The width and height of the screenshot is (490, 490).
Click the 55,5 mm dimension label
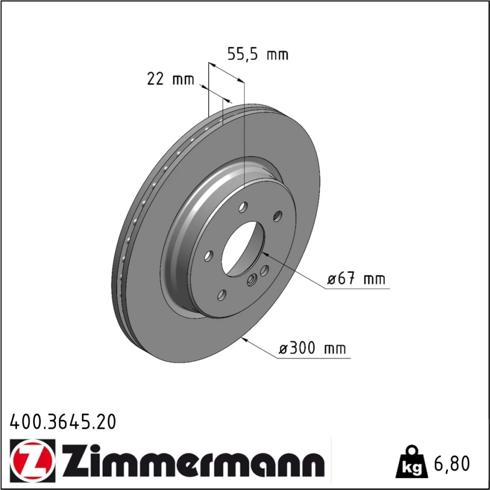click(x=258, y=54)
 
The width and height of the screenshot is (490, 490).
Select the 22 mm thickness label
click(x=171, y=79)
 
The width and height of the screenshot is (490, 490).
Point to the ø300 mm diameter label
click(x=313, y=348)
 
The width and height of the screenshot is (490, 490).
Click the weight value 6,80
click(x=451, y=464)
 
